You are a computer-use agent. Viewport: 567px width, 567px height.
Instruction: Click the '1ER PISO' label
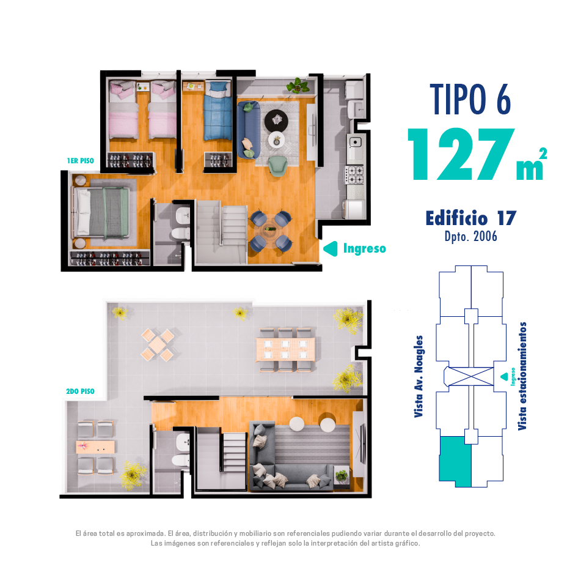[x=80, y=161]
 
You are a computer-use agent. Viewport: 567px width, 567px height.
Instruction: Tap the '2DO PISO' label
[x=80, y=391]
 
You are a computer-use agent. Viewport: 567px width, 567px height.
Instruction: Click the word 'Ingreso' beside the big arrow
[x=365, y=249]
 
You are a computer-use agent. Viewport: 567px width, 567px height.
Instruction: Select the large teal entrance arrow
[x=331, y=249]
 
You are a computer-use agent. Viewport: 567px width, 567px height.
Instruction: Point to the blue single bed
[x=218, y=111]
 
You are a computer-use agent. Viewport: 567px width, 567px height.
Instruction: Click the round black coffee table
[x=276, y=120]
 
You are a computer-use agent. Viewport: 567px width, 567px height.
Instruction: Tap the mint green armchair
[x=278, y=166]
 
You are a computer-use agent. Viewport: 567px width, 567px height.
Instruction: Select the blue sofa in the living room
[x=249, y=129]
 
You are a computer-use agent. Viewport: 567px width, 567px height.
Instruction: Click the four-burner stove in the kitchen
[x=354, y=174]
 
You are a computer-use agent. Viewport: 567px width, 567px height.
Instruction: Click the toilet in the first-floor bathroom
[x=180, y=234]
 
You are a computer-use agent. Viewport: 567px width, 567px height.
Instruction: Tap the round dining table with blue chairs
[x=270, y=229]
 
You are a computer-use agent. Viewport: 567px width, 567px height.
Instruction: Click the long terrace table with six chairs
[x=285, y=349]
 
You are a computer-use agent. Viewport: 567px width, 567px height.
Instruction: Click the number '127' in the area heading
[x=461, y=155]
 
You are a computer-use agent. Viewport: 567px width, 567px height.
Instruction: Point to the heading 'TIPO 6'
[x=470, y=99]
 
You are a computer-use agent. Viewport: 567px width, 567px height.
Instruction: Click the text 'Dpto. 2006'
[x=471, y=237]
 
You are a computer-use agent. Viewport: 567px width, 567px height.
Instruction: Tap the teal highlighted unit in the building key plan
[x=455, y=461]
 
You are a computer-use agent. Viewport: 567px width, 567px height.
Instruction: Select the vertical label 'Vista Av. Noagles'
[x=419, y=377]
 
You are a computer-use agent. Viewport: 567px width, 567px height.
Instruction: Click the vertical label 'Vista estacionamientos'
[x=522, y=376]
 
